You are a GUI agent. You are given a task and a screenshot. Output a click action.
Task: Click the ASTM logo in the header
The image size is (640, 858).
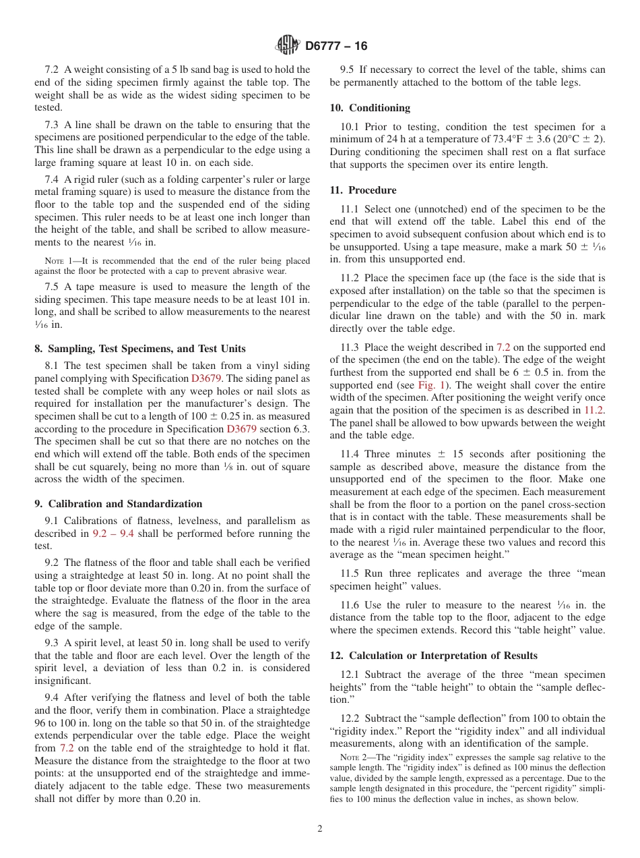coord(288,45)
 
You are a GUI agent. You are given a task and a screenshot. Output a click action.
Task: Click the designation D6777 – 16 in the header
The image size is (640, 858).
coord(336,46)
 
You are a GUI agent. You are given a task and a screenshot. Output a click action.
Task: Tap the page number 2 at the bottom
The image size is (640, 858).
coord(320,829)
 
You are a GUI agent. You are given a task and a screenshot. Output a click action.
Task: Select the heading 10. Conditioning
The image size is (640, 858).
coord(370,108)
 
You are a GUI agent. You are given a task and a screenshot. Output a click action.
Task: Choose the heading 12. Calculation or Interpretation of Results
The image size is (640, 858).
coord(433,656)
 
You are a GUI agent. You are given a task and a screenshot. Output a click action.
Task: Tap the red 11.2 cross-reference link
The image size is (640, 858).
coord(594,410)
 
